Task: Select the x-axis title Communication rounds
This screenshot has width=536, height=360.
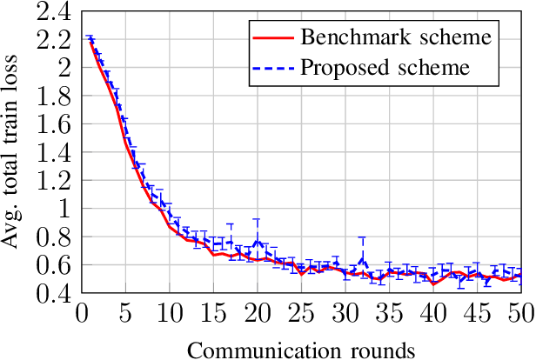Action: tap(301, 348)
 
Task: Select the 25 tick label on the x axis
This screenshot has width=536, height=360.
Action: tap(301, 312)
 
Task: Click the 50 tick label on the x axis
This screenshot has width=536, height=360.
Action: tap(520, 312)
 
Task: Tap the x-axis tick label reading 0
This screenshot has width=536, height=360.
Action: tap(82, 312)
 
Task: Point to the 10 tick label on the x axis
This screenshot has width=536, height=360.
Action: tap(170, 312)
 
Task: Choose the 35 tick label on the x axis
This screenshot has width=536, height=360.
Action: tap(389, 312)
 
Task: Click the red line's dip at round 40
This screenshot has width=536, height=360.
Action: tap(432, 283)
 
